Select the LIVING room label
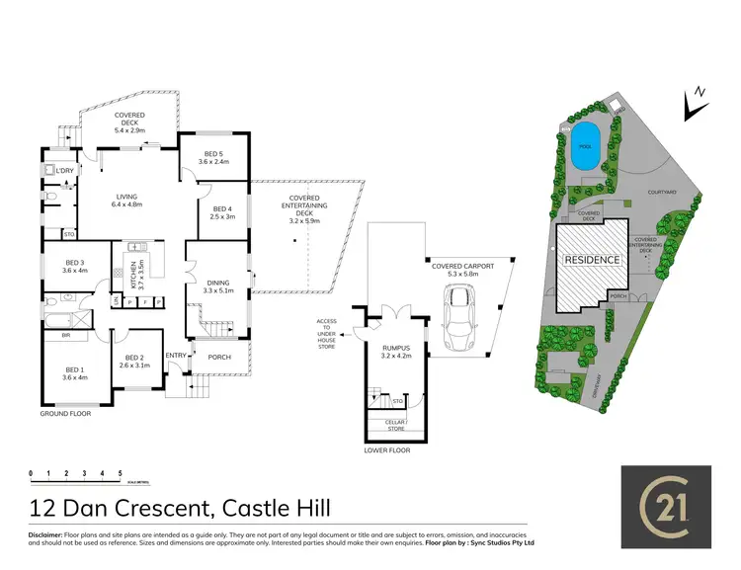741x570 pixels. [x=127, y=200]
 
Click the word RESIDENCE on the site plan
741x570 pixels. [x=592, y=260]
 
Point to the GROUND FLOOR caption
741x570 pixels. [x=65, y=414]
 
